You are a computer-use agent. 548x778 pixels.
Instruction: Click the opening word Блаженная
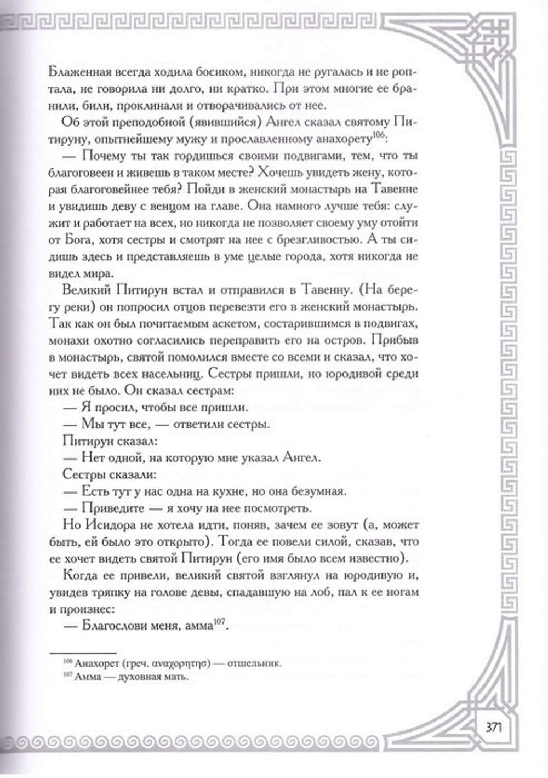point(82,72)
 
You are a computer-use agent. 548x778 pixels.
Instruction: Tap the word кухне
point(244,490)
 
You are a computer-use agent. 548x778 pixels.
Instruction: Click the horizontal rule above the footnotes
point(83,653)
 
